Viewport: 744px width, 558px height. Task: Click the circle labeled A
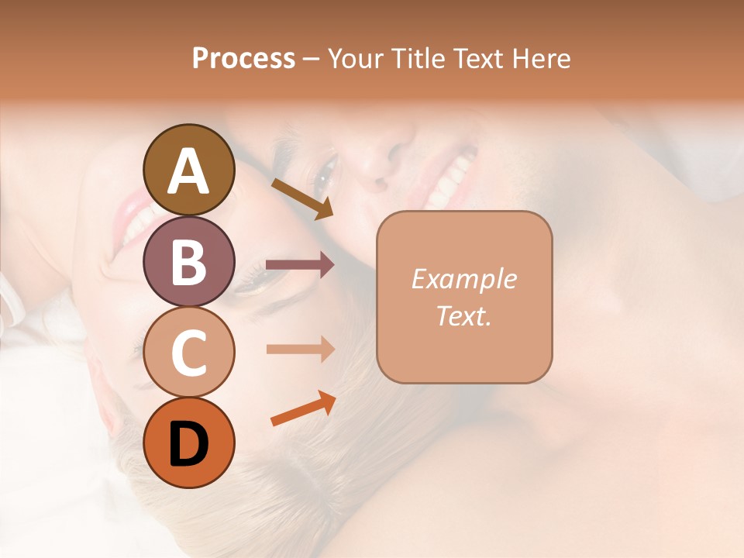coord(189,170)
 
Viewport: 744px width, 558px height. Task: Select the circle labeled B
coord(189,261)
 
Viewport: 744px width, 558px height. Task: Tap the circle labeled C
coord(189,352)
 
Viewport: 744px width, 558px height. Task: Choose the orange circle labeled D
coord(189,443)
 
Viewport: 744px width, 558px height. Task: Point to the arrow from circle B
coord(300,265)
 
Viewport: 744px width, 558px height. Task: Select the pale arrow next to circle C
coord(300,349)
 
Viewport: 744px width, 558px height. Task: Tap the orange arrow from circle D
coord(303,408)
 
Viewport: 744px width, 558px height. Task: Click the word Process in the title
coord(243,59)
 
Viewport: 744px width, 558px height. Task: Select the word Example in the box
coord(463,279)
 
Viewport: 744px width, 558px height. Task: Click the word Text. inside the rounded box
coord(463,315)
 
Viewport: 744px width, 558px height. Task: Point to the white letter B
coord(189,262)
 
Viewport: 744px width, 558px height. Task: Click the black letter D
coord(189,443)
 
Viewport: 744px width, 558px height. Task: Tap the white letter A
coord(189,171)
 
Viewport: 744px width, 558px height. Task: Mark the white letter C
coord(189,353)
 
